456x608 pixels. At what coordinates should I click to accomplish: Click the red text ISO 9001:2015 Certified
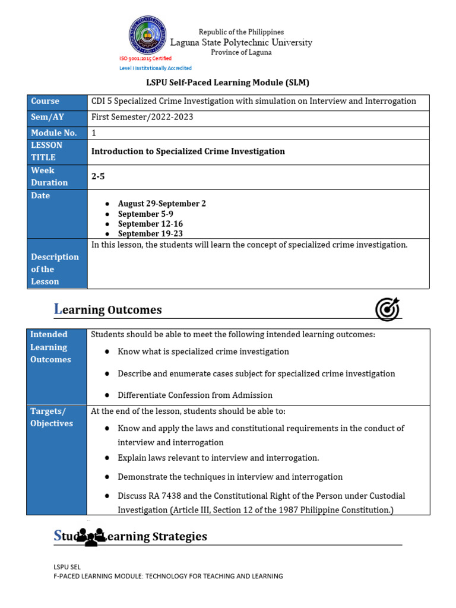[x=145, y=58]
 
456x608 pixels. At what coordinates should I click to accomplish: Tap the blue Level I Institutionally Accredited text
[x=156, y=68]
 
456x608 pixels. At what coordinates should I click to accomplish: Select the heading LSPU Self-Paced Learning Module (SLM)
[x=228, y=83]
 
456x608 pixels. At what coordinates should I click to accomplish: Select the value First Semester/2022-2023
[x=142, y=118]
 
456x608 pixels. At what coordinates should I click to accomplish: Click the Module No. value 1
[x=94, y=133]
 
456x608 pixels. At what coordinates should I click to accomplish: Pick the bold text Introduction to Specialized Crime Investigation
[x=188, y=151]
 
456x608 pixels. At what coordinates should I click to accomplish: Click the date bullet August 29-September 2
[x=161, y=204]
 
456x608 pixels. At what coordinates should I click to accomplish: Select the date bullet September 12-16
[x=150, y=224]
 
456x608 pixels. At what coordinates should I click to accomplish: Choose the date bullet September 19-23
[x=150, y=234]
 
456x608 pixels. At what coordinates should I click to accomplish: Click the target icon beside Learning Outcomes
[x=387, y=309]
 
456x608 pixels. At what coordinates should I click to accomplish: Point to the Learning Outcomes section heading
[x=107, y=309]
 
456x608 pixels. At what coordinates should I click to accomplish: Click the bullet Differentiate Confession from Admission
[x=195, y=395]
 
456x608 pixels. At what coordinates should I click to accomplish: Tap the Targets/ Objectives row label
[x=52, y=417]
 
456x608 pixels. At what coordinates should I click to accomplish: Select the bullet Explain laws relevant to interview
[x=218, y=458]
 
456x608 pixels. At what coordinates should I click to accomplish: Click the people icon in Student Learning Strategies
[x=90, y=536]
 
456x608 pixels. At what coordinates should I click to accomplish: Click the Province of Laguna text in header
[x=241, y=52]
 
